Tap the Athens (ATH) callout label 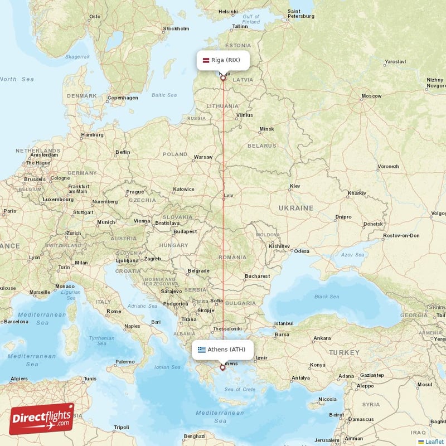223,350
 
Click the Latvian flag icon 206,60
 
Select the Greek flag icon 201,350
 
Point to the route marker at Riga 223,78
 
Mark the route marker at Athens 222,367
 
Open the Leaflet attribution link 434,442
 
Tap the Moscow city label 371,96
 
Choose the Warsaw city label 203,157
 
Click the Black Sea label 327,297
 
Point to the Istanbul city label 287,323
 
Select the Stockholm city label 176,28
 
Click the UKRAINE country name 295,208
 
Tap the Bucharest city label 257,275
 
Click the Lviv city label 229,196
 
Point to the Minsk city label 266,129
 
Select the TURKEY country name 344,353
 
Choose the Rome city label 114,311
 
